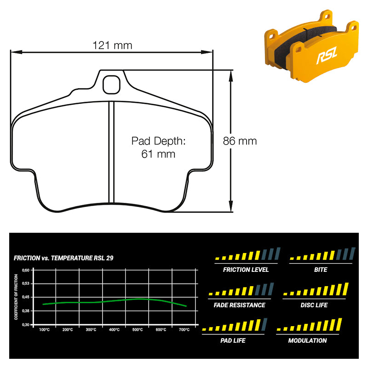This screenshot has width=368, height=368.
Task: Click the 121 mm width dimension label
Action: click(x=112, y=45)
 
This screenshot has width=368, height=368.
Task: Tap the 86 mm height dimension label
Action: click(x=240, y=141)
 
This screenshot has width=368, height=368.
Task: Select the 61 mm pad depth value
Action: click(x=158, y=154)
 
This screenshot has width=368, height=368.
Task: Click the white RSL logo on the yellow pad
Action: click(x=327, y=55)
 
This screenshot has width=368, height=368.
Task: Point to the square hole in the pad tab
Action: click(x=111, y=85)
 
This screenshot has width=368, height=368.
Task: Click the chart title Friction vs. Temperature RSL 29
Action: click(x=63, y=258)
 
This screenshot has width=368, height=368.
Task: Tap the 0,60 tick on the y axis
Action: click(x=26, y=270)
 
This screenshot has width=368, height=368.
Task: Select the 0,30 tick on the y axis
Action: click(x=26, y=325)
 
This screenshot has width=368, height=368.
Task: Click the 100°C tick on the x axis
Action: click(x=44, y=330)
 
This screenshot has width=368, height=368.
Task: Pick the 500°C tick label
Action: click(x=138, y=330)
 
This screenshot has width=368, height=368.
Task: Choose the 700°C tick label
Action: click(x=184, y=330)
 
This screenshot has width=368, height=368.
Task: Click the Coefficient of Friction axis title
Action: click(x=16, y=297)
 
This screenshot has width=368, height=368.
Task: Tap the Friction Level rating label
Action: click(x=246, y=270)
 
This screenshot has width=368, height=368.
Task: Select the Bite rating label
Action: click(x=321, y=270)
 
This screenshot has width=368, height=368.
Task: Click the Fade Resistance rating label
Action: click(x=239, y=305)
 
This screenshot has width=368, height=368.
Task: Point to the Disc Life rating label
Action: click(x=314, y=305)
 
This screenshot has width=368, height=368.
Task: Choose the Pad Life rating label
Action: click(x=233, y=340)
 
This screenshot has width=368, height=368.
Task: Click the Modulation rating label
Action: click(x=307, y=340)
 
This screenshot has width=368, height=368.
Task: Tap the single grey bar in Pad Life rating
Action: click(x=264, y=324)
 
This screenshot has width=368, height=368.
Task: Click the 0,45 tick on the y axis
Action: click(x=26, y=297)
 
